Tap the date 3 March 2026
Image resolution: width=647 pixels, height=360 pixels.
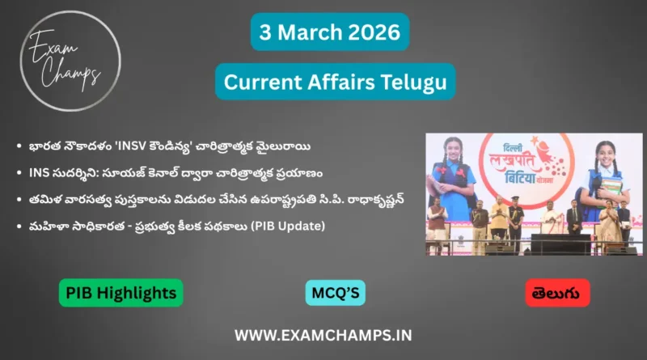tap(330, 32)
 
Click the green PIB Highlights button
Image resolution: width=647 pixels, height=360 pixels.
tap(121, 292)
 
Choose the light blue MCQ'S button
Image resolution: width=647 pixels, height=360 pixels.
tap(335, 292)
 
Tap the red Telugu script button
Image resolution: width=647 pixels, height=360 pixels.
tap(557, 292)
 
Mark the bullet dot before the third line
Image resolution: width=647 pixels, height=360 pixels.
tap(19, 199)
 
